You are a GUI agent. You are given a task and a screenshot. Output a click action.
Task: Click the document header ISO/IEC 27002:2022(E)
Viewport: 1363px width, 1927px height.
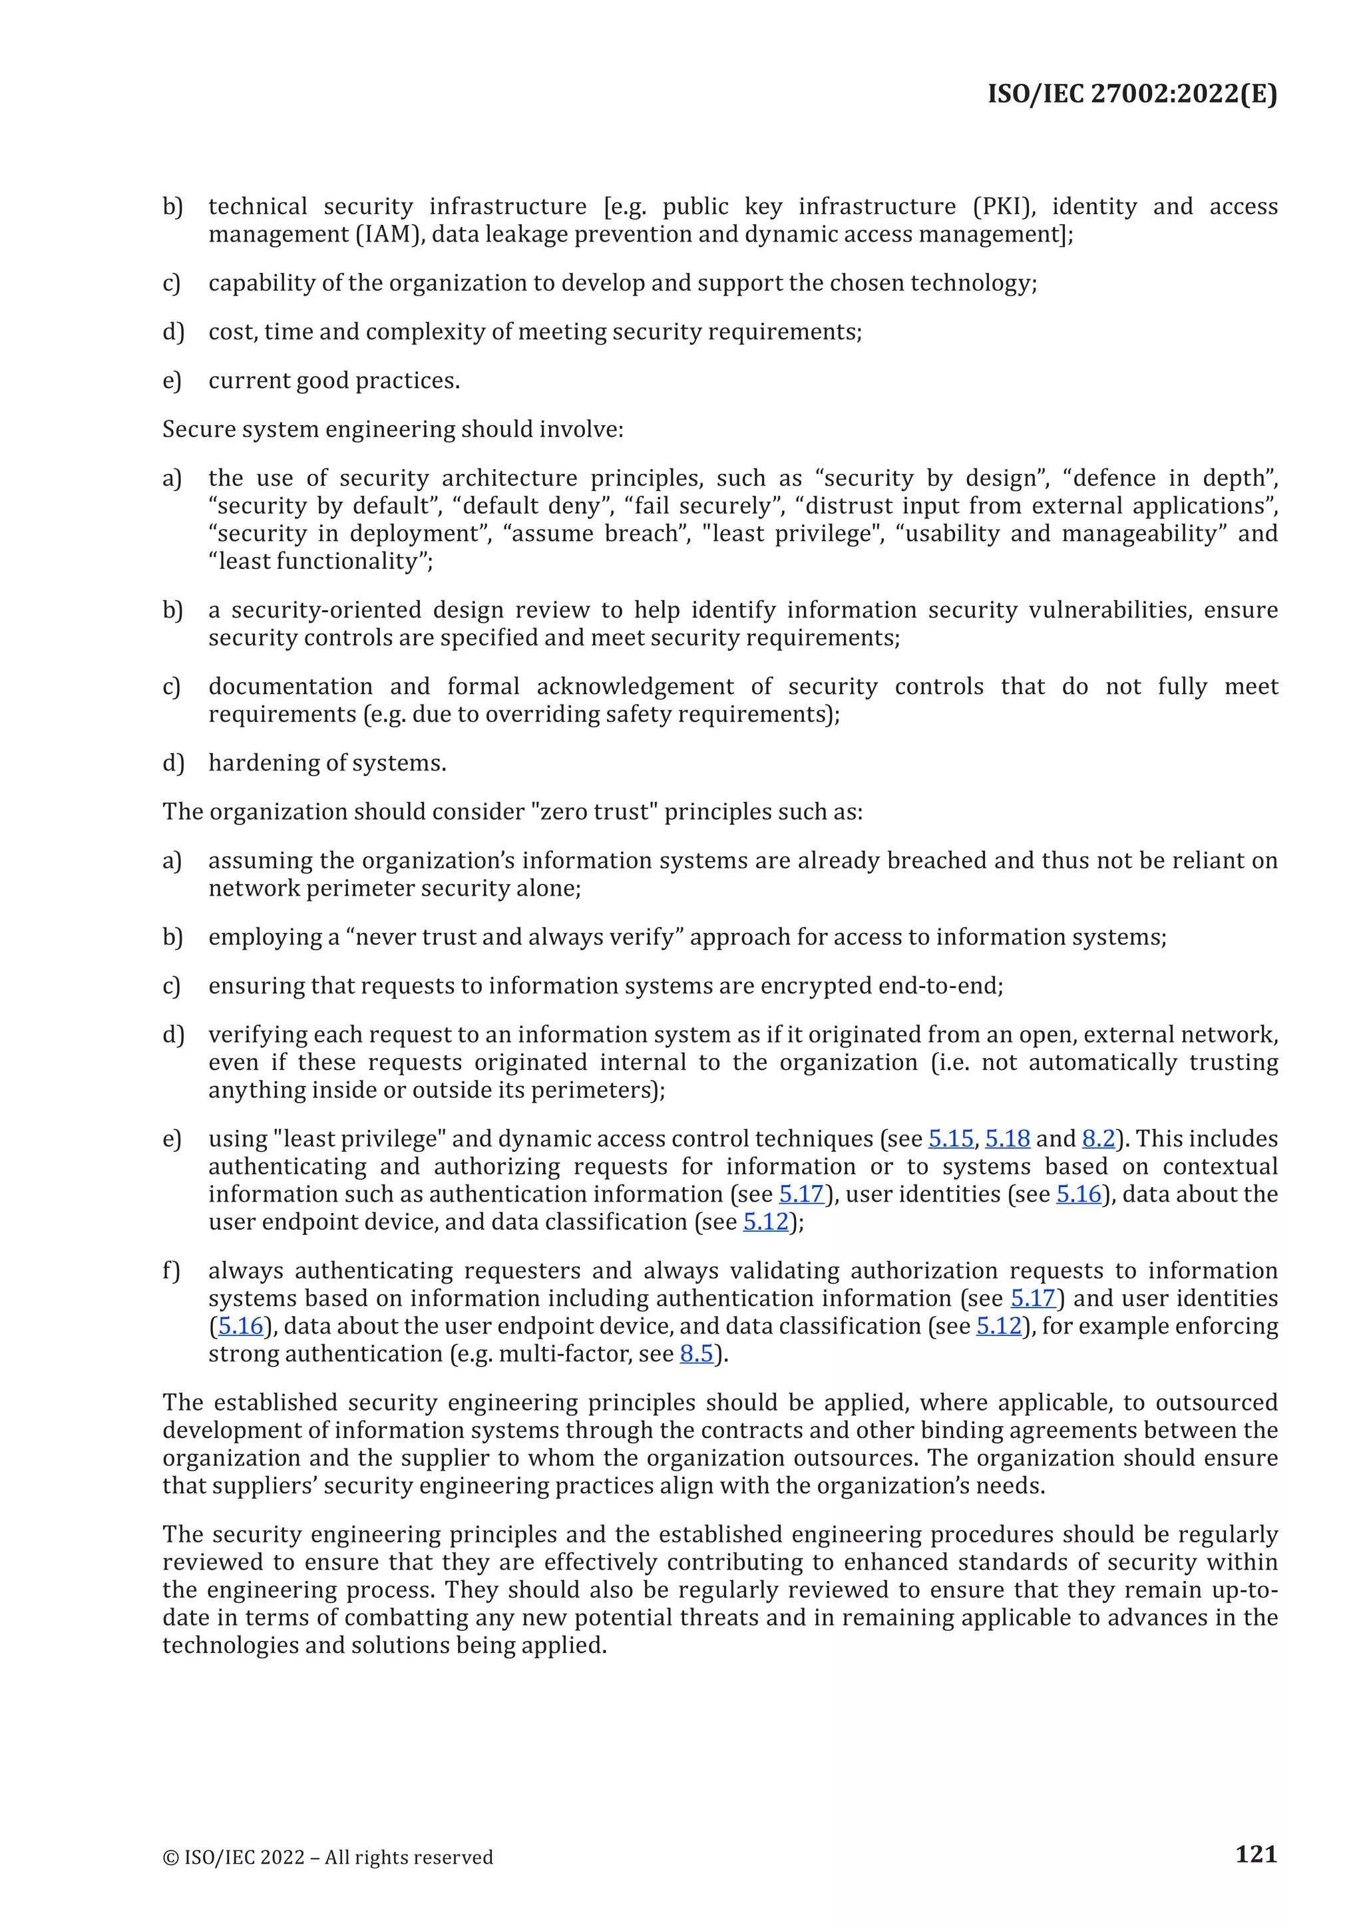click(x=1131, y=93)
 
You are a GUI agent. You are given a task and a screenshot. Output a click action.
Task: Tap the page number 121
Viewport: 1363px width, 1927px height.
click(x=1256, y=1853)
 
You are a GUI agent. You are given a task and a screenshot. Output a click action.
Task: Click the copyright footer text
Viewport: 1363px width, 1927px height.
click(x=327, y=1857)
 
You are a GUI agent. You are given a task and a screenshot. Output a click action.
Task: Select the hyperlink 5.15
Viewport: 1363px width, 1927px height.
click(x=950, y=1139)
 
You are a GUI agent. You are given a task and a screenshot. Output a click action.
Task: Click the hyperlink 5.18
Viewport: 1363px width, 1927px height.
click(x=1006, y=1139)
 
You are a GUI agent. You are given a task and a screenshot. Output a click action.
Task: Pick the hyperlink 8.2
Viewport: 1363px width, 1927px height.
click(x=1097, y=1139)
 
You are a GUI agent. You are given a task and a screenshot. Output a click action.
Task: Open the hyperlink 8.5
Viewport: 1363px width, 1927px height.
click(x=695, y=1354)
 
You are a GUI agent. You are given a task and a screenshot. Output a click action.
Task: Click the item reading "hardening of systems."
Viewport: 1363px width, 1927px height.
click(x=327, y=763)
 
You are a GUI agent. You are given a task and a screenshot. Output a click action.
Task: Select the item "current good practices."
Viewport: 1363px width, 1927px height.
click(x=334, y=381)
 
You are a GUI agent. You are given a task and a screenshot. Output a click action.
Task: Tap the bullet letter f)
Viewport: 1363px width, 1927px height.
click(x=171, y=1271)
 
